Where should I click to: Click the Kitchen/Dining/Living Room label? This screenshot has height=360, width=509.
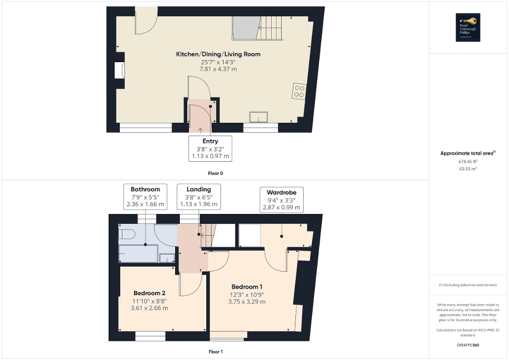218,54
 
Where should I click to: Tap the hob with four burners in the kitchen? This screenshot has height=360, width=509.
299,91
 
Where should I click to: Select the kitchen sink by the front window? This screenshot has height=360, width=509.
260,116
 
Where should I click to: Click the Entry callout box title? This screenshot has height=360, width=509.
210,141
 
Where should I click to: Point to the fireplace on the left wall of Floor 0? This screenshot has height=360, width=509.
119,70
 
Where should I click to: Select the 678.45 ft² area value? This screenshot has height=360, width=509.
468,162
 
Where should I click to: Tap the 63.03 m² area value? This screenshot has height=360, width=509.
468,169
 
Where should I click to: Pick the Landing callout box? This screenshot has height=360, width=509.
199,197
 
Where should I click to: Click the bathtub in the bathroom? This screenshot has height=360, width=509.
139,254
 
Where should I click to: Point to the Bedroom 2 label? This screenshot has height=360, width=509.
149,293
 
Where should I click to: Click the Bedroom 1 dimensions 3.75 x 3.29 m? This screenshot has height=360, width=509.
247,302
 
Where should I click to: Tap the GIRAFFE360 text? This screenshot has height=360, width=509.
468,345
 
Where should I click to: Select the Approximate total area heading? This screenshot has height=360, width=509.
468,153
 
